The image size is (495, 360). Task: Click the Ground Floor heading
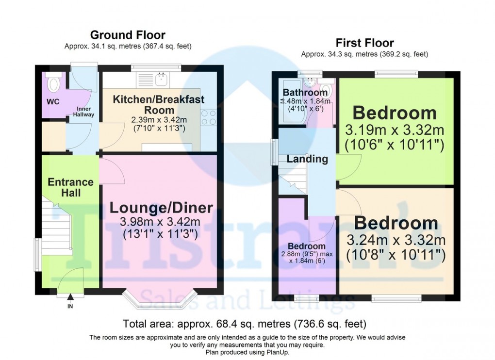(128, 35)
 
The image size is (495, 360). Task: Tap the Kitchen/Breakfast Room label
(159, 104)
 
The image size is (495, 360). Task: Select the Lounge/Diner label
(161, 208)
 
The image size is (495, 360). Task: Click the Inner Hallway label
(83, 112)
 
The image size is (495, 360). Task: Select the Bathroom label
(305, 93)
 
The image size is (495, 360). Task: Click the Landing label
(307, 159)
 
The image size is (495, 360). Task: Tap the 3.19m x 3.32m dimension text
(395, 130)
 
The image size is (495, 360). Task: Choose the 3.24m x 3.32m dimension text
(396, 240)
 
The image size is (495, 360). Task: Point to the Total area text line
(244, 324)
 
